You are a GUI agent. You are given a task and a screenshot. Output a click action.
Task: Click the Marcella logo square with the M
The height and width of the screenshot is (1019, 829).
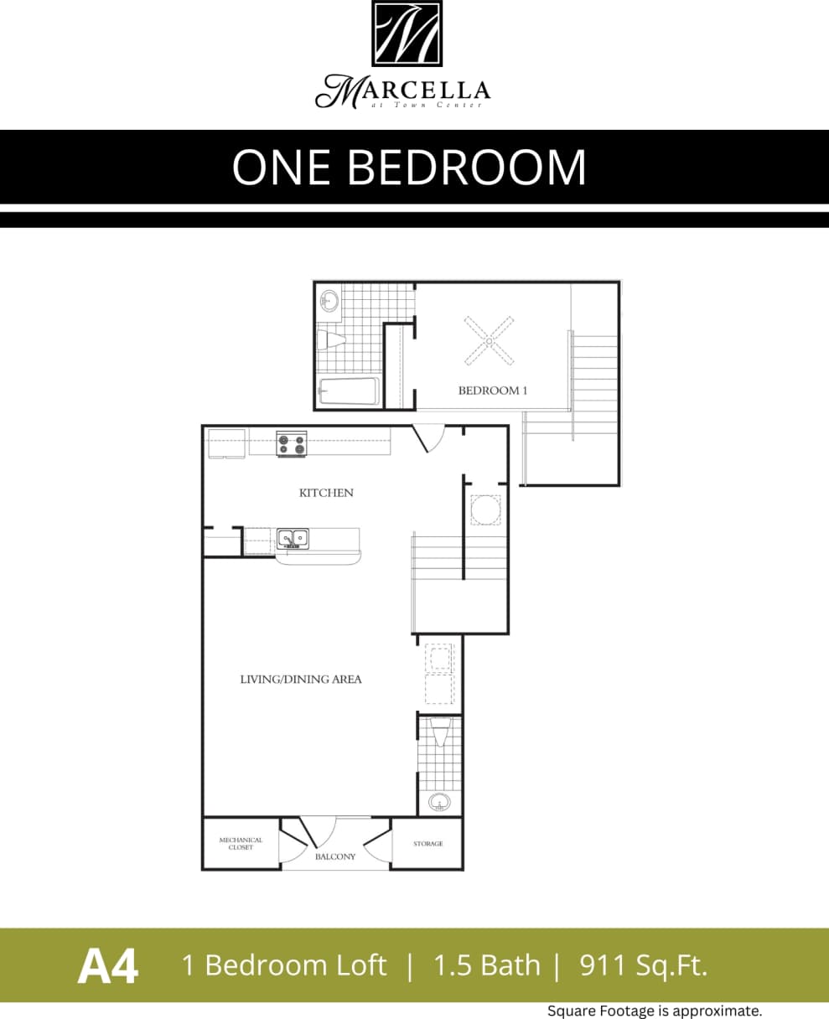point(407,34)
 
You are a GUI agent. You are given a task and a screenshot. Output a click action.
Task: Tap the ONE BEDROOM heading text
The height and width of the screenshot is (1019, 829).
point(409,167)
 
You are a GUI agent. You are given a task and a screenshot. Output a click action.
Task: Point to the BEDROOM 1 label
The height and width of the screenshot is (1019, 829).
point(492,391)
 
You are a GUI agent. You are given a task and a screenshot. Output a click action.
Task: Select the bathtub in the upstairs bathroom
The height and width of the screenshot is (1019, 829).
point(349,391)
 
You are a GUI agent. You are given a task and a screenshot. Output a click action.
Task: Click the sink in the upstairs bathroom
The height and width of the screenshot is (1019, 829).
point(329,300)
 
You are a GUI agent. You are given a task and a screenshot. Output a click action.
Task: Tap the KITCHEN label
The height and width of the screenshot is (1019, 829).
point(326,493)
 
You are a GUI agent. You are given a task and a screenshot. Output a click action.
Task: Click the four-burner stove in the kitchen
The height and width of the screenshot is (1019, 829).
point(292,443)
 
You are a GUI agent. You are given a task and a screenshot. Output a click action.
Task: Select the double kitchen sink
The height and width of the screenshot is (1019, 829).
point(293,538)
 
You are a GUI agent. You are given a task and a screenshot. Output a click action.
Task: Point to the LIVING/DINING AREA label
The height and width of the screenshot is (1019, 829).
point(301,680)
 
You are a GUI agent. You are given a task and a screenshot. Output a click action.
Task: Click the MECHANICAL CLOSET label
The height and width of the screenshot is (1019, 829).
point(241,843)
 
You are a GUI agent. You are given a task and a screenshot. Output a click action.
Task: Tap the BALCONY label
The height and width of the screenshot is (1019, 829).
point(335,856)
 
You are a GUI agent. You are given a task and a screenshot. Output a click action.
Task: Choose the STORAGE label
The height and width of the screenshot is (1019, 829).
point(427,844)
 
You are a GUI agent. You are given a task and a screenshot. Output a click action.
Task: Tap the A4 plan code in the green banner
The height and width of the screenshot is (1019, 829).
point(107,966)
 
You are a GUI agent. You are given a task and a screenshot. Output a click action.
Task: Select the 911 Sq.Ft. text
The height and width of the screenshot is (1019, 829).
point(643,965)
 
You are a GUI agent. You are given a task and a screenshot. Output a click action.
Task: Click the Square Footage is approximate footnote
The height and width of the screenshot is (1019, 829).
point(654,1011)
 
